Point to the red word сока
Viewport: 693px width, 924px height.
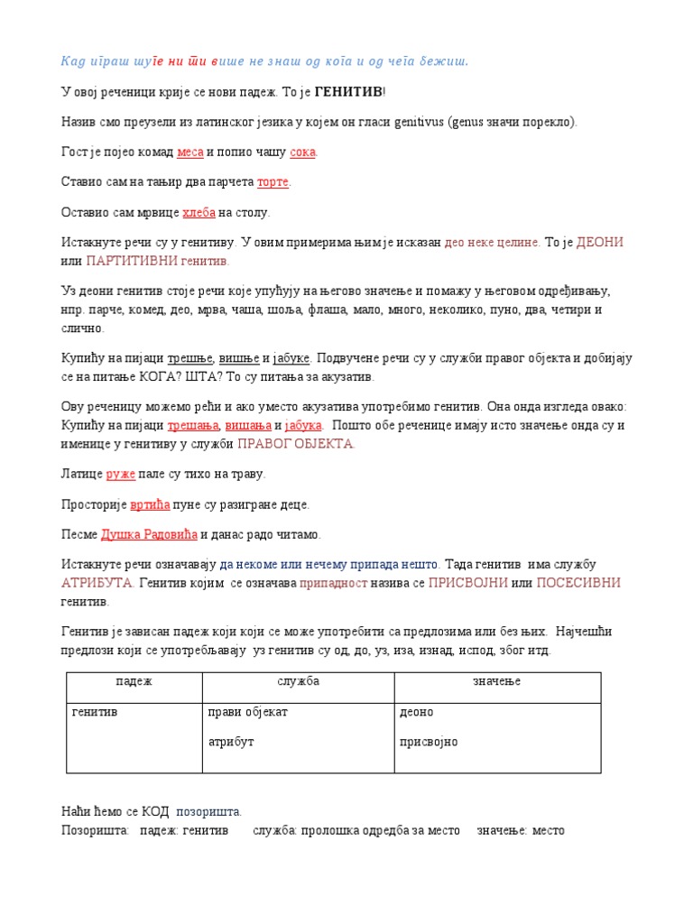(x=302, y=152)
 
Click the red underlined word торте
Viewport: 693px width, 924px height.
(x=273, y=182)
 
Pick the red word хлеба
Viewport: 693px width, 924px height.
(x=199, y=213)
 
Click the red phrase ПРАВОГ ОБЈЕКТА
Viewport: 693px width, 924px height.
(x=295, y=443)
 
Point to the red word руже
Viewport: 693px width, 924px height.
(x=120, y=474)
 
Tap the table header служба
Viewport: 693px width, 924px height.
(x=299, y=681)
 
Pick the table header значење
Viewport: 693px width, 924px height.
(x=497, y=681)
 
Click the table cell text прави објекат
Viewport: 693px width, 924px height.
(x=247, y=712)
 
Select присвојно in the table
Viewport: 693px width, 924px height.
(x=429, y=742)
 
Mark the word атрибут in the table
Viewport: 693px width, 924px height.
(x=232, y=742)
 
